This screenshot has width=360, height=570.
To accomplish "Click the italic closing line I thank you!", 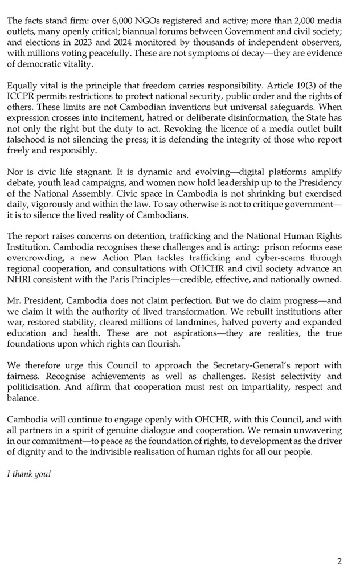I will tap(29, 472).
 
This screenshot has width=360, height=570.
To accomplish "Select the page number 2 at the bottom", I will tap(339, 561).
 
